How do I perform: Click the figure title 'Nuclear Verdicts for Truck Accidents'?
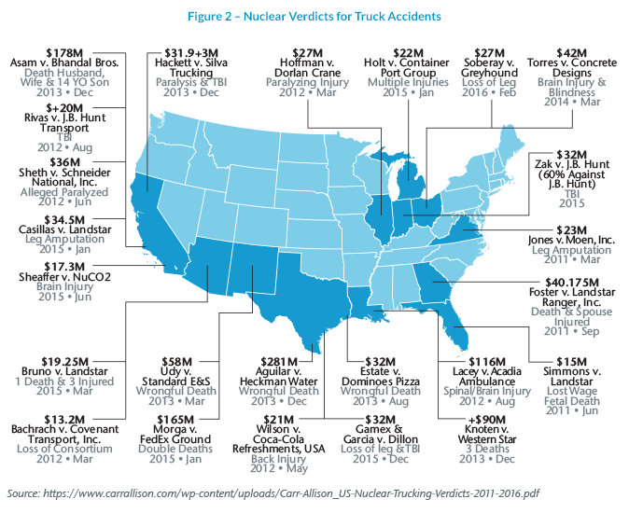click(315, 16)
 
